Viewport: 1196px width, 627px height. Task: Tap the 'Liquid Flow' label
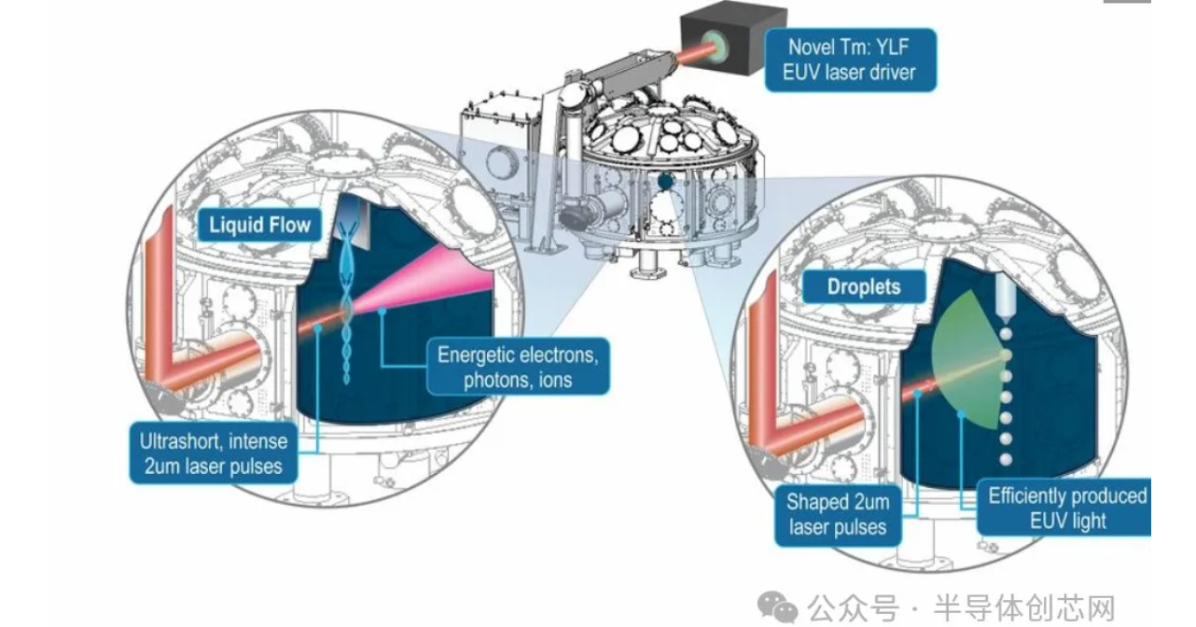pos(259,224)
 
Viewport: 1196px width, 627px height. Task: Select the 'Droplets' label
pos(863,286)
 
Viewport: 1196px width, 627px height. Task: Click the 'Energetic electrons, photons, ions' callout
pos(518,367)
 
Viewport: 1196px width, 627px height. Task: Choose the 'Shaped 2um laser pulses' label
pos(837,514)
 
